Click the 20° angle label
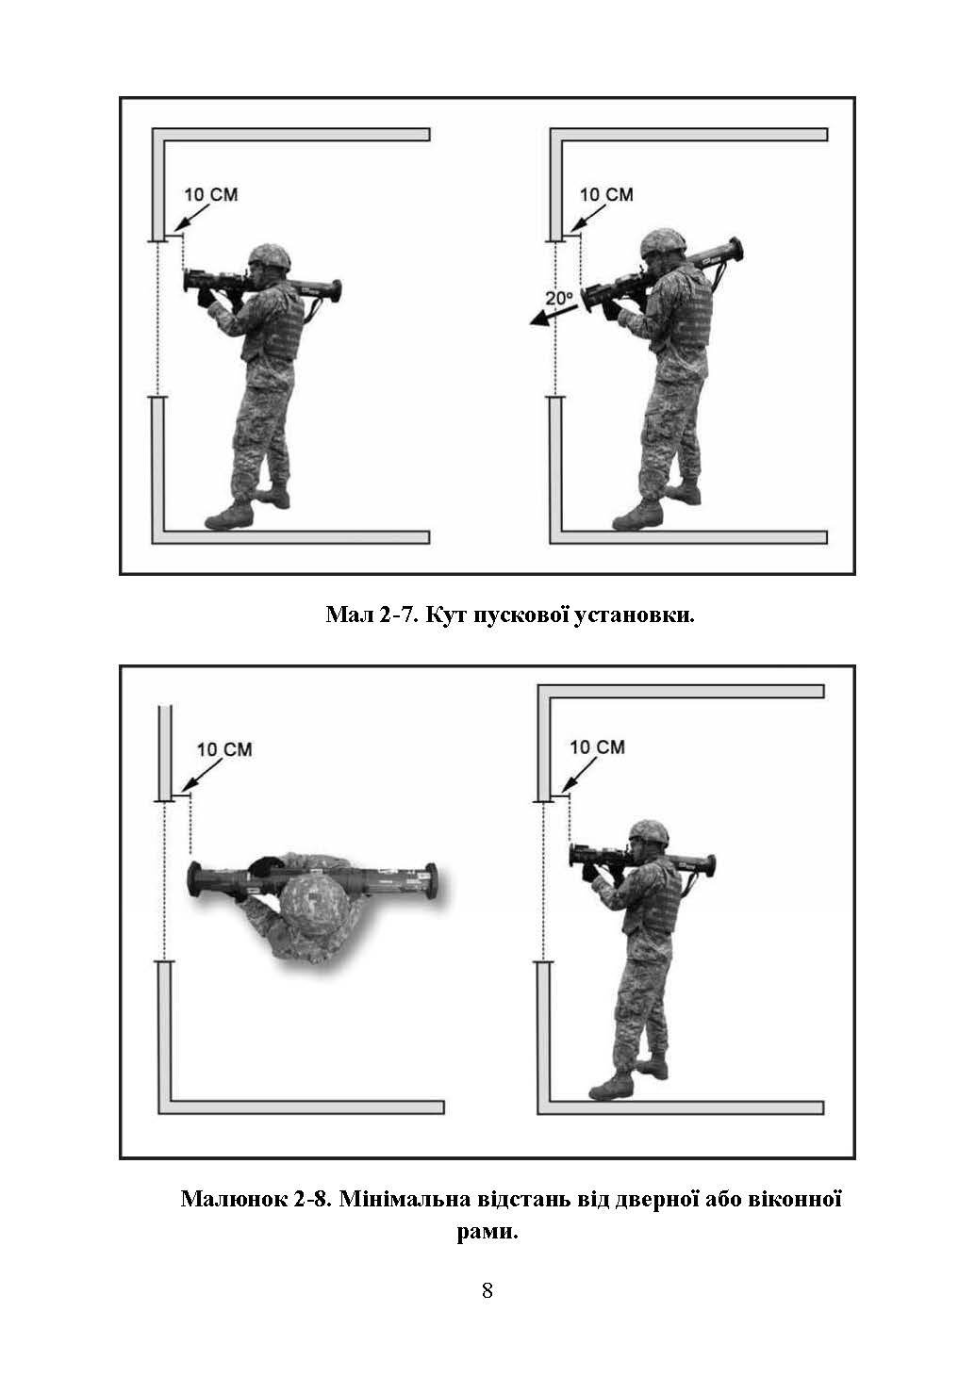click(559, 298)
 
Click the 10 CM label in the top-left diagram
click(211, 195)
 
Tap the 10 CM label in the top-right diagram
click(606, 195)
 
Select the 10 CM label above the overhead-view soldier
click(224, 749)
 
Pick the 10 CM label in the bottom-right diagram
click(597, 747)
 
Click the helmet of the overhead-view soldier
click(314, 901)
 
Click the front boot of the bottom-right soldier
click(611, 1085)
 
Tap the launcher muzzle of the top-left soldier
click(190, 281)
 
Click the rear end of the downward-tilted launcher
click(735, 248)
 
